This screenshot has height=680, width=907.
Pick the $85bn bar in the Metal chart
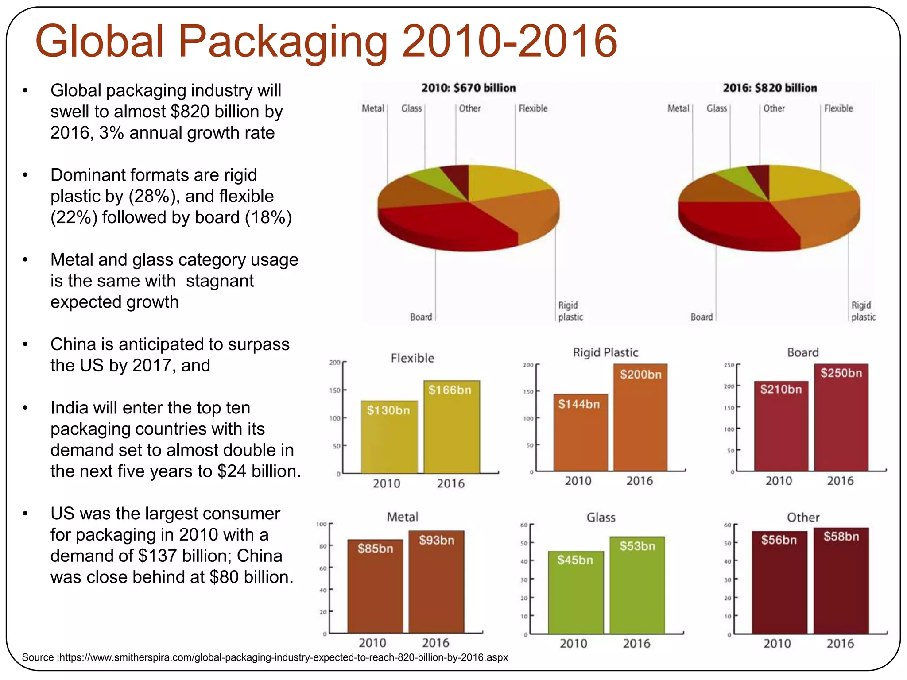point(375,586)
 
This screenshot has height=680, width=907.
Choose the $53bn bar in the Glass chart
point(637,585)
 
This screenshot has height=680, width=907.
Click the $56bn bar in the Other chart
point(779,583)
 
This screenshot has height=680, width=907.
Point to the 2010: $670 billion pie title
point(469,88)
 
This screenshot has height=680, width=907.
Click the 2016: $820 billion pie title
point(770,88)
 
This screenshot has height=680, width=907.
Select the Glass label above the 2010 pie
point(411,108)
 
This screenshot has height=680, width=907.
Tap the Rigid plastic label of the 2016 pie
point(863,311)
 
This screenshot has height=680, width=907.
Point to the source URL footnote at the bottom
point(265,657)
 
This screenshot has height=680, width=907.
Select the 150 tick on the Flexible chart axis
point(335,390)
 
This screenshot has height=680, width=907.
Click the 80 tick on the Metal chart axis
point(323,546)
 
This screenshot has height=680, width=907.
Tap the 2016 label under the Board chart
point(840,481)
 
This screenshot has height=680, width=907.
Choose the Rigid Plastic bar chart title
point(605,353)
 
